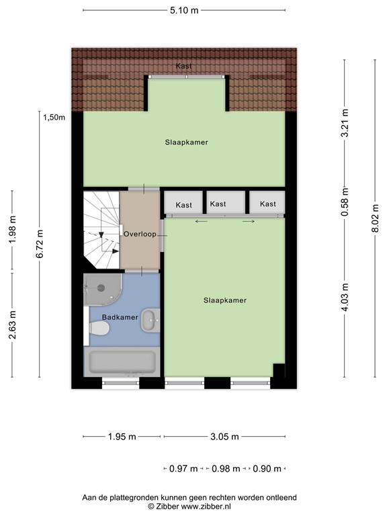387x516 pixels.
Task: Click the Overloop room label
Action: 140,234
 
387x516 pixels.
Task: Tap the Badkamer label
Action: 120,316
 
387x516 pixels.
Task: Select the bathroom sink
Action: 150,320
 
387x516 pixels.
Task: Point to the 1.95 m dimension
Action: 122,437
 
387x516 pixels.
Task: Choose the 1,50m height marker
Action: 54,118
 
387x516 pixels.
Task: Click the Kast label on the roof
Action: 184,66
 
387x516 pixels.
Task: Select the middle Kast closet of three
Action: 217,204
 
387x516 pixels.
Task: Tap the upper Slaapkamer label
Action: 186,142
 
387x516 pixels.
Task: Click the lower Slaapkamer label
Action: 224,300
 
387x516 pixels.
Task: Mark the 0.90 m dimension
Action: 267,468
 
